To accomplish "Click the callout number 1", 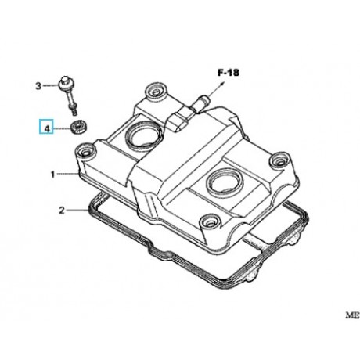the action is (52, 175).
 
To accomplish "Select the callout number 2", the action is (62, 211).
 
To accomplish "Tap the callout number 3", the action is (38, 86).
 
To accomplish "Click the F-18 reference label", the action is (229, 73).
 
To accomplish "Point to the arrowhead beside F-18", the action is (221, 84).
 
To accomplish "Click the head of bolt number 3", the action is (64, 82).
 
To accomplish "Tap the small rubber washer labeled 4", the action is (79, 127).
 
